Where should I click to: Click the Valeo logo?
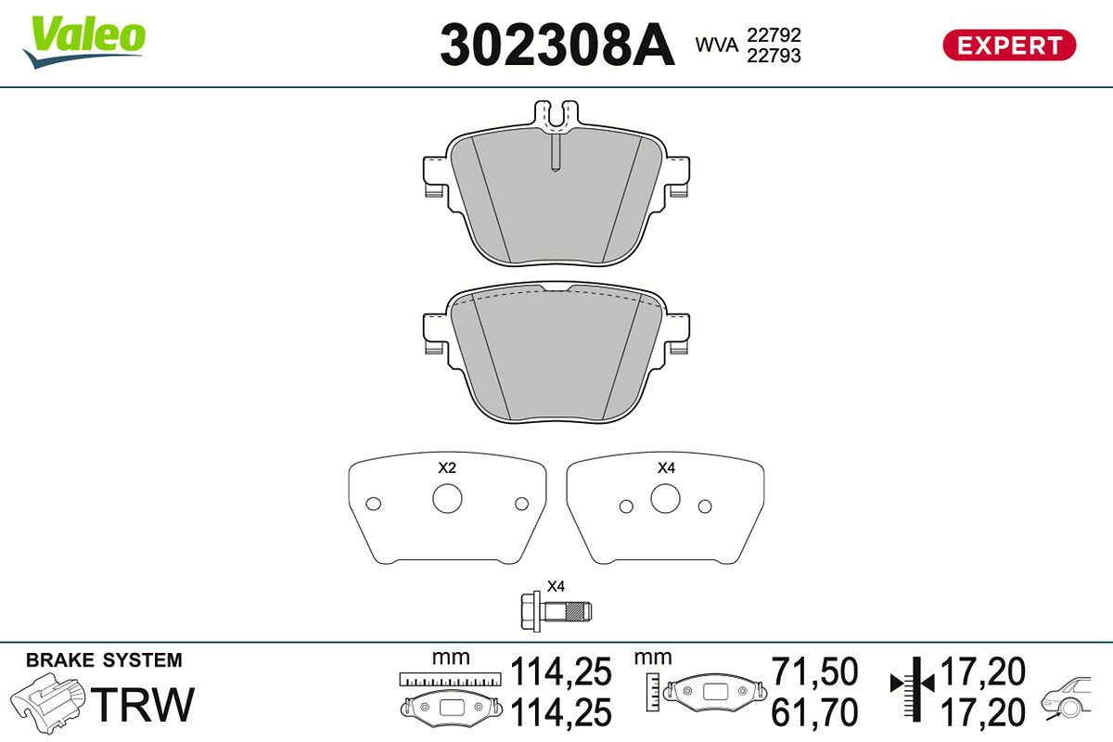tap(84, 41)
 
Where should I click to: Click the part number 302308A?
tap(557, 45)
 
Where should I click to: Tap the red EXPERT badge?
tap(1009, 45)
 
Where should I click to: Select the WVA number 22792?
tap(774, 35)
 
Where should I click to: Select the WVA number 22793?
tap(774, 56)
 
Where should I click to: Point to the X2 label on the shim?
tap(447, 467)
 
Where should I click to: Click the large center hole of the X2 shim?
tap(447, 498)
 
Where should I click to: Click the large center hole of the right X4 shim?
tap(665, 498)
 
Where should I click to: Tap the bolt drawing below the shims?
tap(556, 611)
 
